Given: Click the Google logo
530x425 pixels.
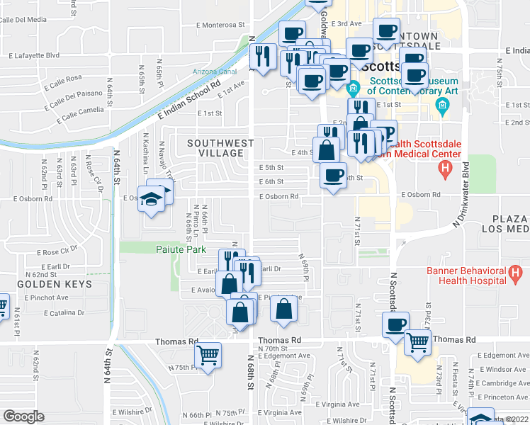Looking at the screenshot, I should pyautogui.click(x=23, y=416).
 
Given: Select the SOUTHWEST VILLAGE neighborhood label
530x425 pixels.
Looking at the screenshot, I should pyautogui.click(x=220, y=148).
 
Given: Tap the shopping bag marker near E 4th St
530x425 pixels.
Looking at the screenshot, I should pyautogui.click(x=326, y=149).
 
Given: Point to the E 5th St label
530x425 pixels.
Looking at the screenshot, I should pyautogui.click(x=271, y=168).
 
